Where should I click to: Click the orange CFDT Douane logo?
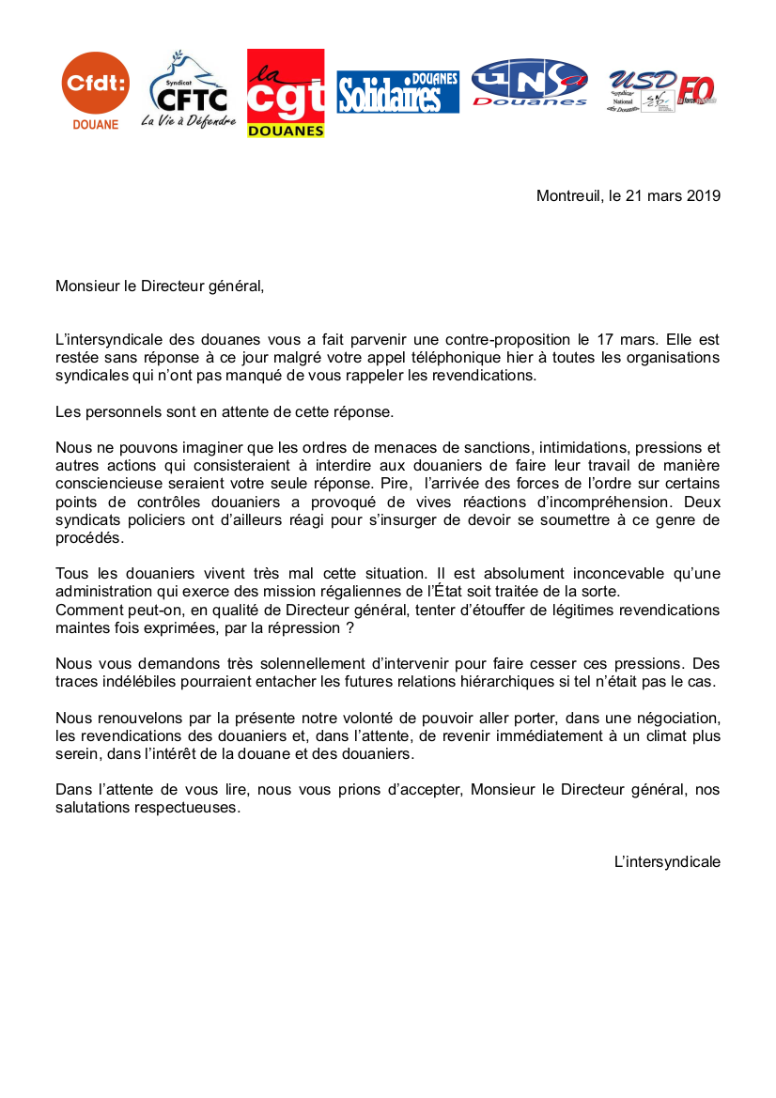(x=95, y=90)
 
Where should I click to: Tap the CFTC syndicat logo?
(x=189, y=90)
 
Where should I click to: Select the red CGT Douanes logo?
(x=286, y=93)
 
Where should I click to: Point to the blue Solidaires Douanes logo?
(x=398, y=92)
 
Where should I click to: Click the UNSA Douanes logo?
(x=530, y=83)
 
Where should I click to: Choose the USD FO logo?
(x=661, y=90)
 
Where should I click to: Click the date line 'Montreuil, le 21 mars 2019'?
(x=628, y=196)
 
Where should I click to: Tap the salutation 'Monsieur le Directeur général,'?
(x=160, y=286)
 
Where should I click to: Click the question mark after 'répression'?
(x=349, y=626)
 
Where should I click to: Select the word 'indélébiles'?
(x=142, y=680)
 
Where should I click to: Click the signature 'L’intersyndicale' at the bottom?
(x=667, y=860)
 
